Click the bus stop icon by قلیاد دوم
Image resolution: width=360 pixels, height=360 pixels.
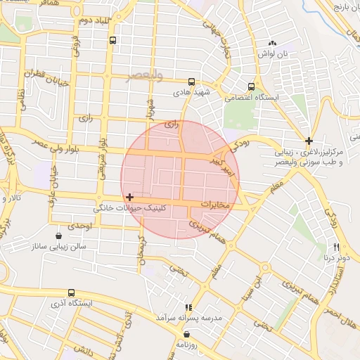pyautogui.click(x=113, y=41)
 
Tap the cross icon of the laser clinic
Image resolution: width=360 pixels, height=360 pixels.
pyautogui.click(x=309, y=141)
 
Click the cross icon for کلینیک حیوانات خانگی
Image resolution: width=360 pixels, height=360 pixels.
pyautogui.click(x=130, y=197)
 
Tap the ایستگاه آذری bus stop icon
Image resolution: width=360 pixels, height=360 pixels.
pyautogui.click(x=71, y=292)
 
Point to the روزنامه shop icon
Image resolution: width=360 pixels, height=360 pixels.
pyautogui.click(x=186, y=334)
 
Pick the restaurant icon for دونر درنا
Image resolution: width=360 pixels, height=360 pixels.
pyautogui.click(x=336, y=247)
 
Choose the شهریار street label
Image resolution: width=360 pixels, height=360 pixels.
pyautogui.click(x=149, y=109)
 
